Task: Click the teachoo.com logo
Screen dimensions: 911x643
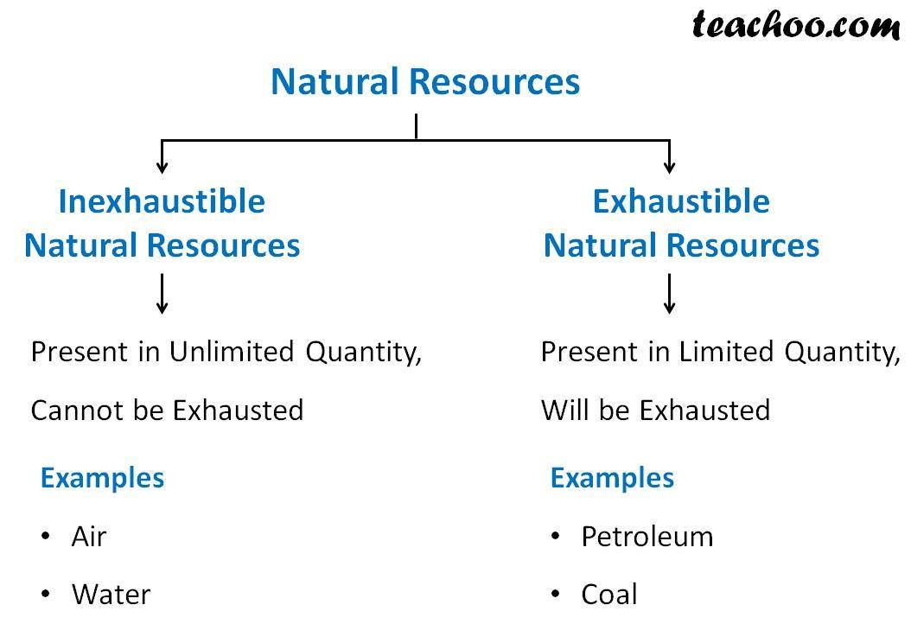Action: coord(796,26)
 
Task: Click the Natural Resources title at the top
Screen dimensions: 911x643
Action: coord(425,81)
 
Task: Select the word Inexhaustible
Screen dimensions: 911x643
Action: coord(162,201)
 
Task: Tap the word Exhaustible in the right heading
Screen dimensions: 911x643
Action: coord(681,201)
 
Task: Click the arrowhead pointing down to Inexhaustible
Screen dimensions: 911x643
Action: coord(162,167)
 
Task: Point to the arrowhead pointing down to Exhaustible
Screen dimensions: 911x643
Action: coord(669,167)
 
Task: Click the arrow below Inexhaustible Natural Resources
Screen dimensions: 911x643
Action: coord(162,294)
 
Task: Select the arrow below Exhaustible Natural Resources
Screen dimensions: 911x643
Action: coord(669,294)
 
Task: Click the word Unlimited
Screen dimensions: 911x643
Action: coord(232,352)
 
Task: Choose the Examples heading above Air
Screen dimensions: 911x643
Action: coord(102,479)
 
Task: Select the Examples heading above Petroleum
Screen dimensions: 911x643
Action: coord(612,479)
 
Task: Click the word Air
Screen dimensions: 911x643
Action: coord(89,536)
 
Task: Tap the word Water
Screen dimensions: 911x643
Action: coord(111,595)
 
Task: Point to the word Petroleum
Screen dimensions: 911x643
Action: coord(647,536)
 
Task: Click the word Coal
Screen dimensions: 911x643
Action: coord(609,595)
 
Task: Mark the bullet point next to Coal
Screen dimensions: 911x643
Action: coord(556,594)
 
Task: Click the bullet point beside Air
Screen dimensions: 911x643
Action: coord(46,536)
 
